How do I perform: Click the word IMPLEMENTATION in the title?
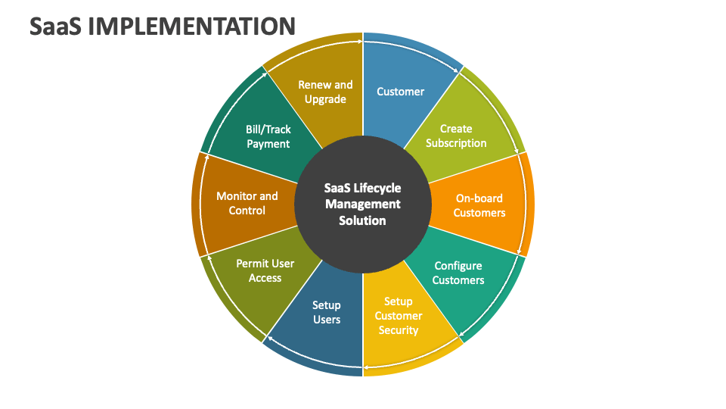coord(191,26)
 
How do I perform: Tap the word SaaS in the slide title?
coord(57,26)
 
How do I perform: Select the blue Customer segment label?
coord(400,92)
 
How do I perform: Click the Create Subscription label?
coord(456,136)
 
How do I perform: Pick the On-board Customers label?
coord(479,205)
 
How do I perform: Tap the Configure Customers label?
coord(458,273)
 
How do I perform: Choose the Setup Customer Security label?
coord(399,316)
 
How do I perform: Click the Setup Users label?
coord(327,312)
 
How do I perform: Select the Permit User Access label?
coord(265,270)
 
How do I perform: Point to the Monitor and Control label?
coord(247,203)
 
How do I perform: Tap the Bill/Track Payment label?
coord(268,136)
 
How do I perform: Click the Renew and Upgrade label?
coord(325,92)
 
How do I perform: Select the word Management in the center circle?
coord(363,204)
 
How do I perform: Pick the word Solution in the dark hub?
coord(363,220)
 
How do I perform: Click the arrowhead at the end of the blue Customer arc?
coord(457,72)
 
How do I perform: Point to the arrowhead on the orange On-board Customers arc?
coord(521,251)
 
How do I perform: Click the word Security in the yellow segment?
coord(399,330)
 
